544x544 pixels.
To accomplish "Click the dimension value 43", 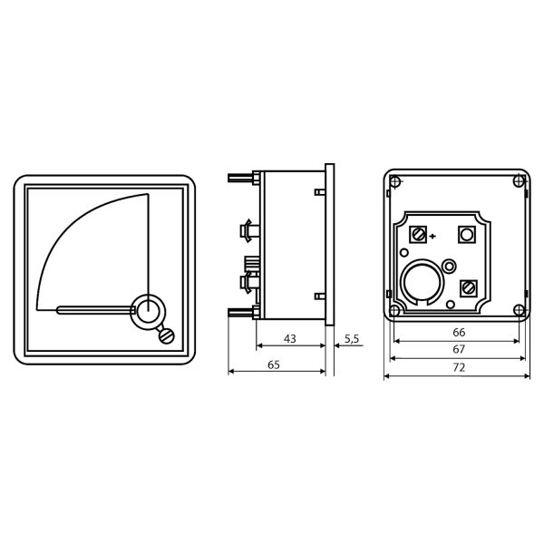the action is [290, 338].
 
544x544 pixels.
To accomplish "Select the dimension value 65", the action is [274, 364].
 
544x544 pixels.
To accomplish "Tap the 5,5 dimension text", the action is [352, 339].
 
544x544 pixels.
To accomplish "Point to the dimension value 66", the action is [459, 333].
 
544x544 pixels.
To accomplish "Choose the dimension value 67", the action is [459, 349].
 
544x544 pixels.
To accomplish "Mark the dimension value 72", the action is [459, 367].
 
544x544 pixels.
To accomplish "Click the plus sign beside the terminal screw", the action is [432, 237].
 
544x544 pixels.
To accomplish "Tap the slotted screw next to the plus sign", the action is [418, 235].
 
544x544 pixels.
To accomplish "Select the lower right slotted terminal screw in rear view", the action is [469, 288].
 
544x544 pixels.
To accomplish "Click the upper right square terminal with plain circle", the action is [467, 235].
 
